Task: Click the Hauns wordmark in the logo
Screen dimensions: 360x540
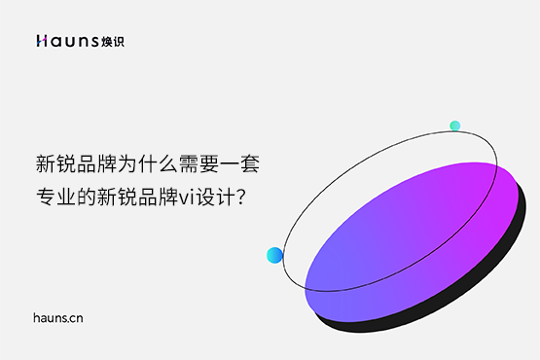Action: click(67, 41)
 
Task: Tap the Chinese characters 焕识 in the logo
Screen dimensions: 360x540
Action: click(113, 41)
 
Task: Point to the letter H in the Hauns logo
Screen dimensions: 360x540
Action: click(41, 41)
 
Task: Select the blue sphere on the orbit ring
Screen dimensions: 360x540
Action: click(274, 256)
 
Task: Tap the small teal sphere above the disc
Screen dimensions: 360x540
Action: click(454, 126)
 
